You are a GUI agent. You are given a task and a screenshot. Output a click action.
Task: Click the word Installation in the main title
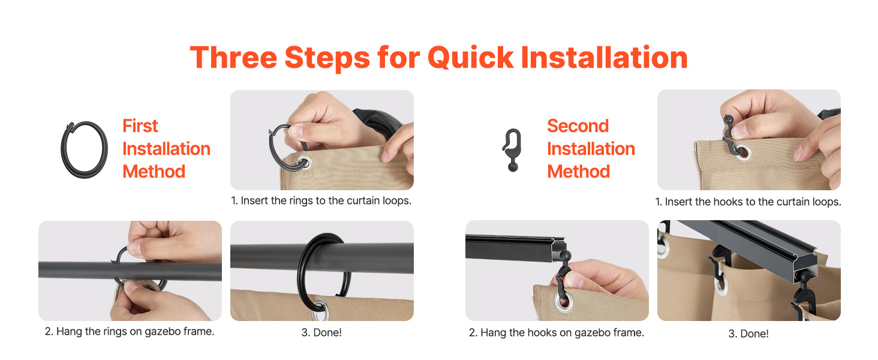point(604,58)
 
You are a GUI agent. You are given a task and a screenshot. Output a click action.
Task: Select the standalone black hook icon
point(512,150)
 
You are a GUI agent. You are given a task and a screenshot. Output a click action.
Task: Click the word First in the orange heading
point(140,126)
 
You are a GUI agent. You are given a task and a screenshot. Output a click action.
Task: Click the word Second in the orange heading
point(578,126)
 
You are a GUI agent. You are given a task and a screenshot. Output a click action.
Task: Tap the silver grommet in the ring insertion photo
point(304,162)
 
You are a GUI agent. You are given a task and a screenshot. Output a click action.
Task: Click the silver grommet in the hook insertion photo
point(742,152)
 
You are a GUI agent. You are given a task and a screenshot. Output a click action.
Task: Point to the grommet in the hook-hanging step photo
point(563,302)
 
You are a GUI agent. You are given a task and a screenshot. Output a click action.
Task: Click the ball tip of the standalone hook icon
point(513,167)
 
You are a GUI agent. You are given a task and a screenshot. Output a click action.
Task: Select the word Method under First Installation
point(154,172)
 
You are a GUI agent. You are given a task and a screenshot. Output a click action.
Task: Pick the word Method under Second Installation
point(579,172)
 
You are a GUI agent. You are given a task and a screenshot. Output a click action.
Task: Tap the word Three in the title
point(234,58)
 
